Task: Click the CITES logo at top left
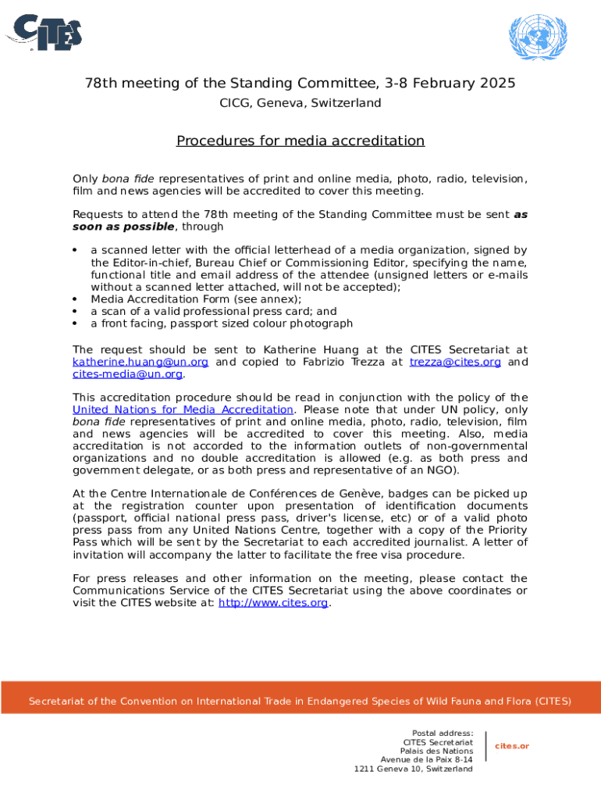(44, 32)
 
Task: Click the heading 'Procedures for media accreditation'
(300, 141)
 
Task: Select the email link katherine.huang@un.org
(140, 362)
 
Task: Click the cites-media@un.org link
(128, 374)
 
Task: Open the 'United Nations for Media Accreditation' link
(183, 409)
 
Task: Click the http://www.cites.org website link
(273, 602)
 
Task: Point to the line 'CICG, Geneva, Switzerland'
(300, 103)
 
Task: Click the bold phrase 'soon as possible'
(124, 227)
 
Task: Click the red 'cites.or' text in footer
(512, 746)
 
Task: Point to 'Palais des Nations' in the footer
(436, 751)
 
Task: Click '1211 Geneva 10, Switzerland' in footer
(413, 769)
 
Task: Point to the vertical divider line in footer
(485, 746)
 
